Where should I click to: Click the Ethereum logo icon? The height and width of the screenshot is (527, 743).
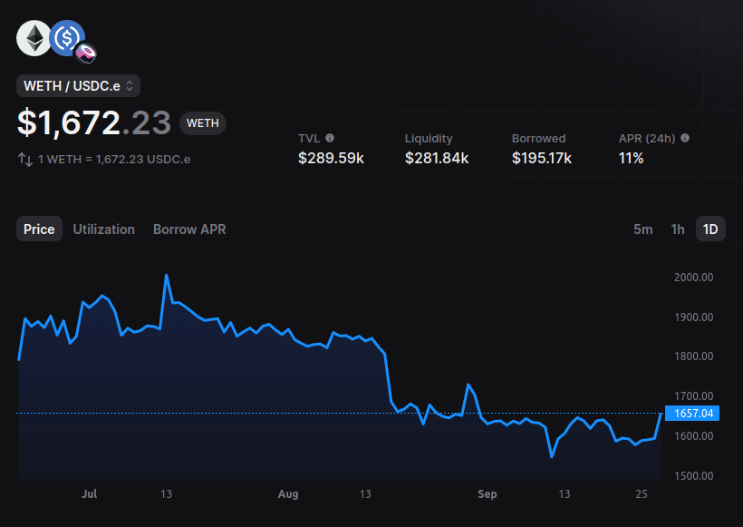click(x=34, y=38)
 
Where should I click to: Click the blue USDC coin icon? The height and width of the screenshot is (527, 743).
click(x=66, y=38)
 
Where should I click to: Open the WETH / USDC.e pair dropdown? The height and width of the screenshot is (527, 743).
click(x=78, y=86)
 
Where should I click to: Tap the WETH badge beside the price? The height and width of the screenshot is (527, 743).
click(x=203, y=123)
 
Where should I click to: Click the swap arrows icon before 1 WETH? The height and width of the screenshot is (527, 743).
click(x=25, y=160)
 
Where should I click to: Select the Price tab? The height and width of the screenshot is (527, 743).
click(x=39, y=229)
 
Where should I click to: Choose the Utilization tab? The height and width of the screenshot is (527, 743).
click(x=104, y=229)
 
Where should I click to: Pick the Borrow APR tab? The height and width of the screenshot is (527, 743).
click(x=189, y=229)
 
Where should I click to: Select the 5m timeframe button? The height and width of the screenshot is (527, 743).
click(x=642, y=229)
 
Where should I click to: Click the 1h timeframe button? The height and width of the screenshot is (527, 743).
click(x=677, y=229)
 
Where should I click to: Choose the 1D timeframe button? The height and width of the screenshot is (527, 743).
click(x=710, y=229)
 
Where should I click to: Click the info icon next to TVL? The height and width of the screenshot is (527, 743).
click(x=330, y=138)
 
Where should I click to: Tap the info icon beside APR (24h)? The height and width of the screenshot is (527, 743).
click(x=685, y=138)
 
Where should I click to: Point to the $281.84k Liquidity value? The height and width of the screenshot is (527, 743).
click(x=437, y=159)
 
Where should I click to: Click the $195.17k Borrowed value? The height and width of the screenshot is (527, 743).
click(x=542, y=159)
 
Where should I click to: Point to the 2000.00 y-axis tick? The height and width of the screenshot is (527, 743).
click(x=693, y=278)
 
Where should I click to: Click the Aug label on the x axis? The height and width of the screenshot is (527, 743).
click(x=288, y=494)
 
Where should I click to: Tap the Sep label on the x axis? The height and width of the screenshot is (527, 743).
click(x=487, y=494)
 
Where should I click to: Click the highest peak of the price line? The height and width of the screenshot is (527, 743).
click(x=167, y=275)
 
